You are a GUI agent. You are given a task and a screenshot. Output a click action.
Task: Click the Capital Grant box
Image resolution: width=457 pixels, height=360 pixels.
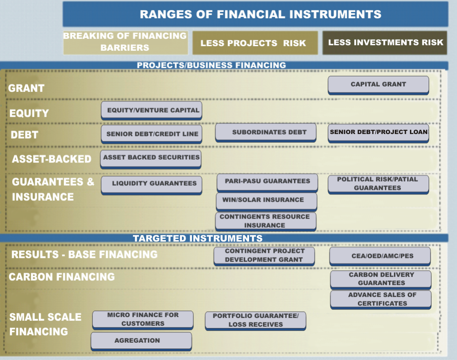pyautogui.click(x=378, y=85)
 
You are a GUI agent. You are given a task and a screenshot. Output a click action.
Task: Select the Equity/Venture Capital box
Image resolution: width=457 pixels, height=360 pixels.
pyautogui.click(x=151, y=110)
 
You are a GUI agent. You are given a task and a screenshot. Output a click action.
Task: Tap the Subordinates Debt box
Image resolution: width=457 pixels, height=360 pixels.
pyautogui.click(x=266, y=132)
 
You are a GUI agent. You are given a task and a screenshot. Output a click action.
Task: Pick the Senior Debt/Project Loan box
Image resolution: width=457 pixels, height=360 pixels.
pyautogui.click(x=378, y=132)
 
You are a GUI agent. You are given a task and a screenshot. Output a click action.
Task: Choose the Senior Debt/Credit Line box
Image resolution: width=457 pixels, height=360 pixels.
pyautogui.click(x=151, y=134)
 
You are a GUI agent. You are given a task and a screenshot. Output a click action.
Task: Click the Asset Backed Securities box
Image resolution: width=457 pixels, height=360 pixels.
pyautogui.click(x=151, y=158)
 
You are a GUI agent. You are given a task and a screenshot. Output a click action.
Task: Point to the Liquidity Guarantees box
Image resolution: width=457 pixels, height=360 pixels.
pyautogui.click(x=151, y=183)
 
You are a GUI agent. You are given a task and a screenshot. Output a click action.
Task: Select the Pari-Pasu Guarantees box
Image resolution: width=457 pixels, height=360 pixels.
pyautogui.click(x=267, y=182)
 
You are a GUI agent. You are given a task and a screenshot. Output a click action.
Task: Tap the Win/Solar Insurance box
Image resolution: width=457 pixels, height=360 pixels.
pyautogui.click(x=266, y=200)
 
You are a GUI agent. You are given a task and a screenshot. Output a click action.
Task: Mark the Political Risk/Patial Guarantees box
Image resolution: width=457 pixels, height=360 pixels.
pyautogui.click(x=378, y=183)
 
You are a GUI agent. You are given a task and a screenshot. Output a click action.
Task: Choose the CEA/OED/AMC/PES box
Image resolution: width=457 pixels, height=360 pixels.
pyautogui.click(x=380, y=256)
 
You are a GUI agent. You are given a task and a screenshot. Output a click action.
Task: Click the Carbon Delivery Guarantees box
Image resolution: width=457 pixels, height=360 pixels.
pyautogui.click(x=381, y=279)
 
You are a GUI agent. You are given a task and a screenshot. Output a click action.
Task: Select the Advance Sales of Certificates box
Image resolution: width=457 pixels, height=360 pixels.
pyautogui.click(x=381, y=299)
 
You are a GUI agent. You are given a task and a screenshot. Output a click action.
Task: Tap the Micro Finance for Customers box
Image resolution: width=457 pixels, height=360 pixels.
pyautogui.click(x=143, y=319)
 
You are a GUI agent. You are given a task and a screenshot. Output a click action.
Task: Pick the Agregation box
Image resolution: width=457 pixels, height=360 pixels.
pyautogui.click(x=141, y=341)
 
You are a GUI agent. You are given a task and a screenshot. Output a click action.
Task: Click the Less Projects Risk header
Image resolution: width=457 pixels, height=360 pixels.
pyautogui.click(x=255, y=43)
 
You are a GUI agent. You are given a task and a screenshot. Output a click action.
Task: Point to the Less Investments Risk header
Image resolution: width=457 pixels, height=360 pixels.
pyautogui.click(x=385, y=43)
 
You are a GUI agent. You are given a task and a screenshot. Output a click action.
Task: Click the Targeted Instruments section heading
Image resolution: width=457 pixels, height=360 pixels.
pyautogui.click(x=198, y=238)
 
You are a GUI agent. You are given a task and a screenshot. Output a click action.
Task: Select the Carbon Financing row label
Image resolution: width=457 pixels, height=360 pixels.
pyautogui.click(x=62, y=277)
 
